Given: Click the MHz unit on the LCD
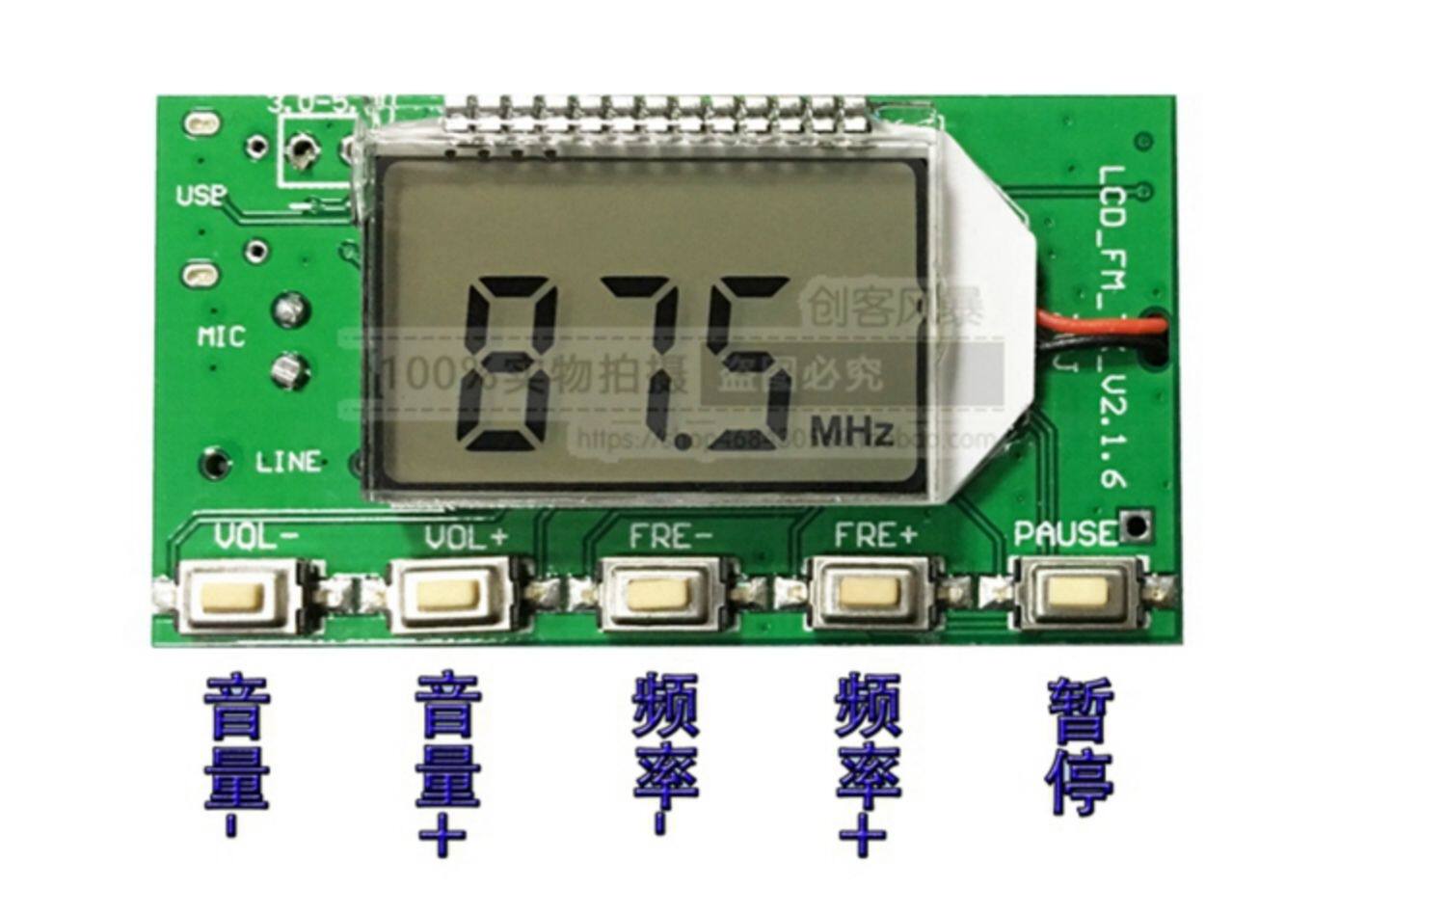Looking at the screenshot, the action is pos(851,433).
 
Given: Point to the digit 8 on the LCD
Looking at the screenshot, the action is pos(509,363).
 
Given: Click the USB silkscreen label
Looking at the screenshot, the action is pos(201,196).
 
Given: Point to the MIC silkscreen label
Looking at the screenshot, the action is pos(222,336).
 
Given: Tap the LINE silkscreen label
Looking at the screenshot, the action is pos(287,462).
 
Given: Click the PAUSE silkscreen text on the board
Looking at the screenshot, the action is pos(1063,533).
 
